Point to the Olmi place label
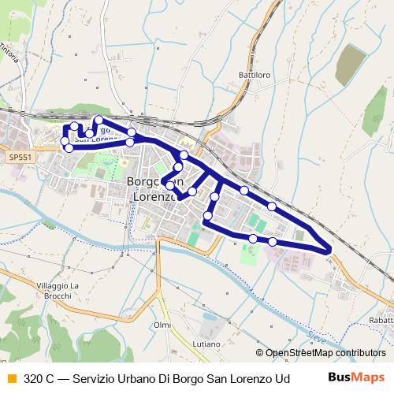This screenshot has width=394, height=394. point(162,325)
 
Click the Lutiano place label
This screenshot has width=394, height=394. point(206,344)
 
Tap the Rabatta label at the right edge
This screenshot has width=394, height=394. point(381,319)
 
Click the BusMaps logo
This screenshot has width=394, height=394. point(355,377)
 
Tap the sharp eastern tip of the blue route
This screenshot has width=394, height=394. point(329,251)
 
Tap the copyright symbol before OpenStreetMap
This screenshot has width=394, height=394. point(259,353)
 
